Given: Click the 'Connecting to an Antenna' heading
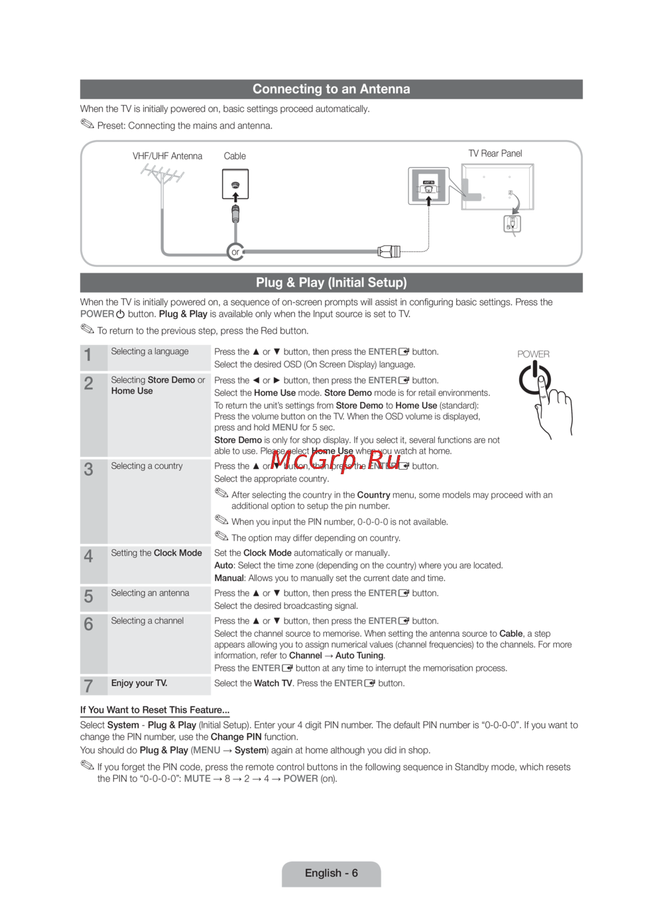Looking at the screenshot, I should tap(331, 89).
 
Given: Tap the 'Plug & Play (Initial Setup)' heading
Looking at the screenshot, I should tap(331, 283).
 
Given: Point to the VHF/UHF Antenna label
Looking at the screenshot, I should tap(167, 156).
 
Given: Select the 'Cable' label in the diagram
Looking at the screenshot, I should tap(235, 156).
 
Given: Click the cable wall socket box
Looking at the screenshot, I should tap(235, 184).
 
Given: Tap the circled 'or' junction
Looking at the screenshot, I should tap(235, 252).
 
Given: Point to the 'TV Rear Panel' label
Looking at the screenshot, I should tap(495, 153).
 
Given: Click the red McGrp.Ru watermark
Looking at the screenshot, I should tap(335, 459).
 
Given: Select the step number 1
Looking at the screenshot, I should tap(88, 356).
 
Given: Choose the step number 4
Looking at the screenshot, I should tap(88, 556).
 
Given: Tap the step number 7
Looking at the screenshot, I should tap(88, 686).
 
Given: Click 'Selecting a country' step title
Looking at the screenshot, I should tap(147, 466).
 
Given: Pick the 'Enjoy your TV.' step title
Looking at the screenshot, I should tap(139, 683).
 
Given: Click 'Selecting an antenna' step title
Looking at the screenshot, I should tap(150, 593).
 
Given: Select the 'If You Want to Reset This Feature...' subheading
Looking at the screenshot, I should tap(154, 710).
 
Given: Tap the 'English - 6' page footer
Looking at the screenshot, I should tap(331, 873).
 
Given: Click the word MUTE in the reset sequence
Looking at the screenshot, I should tap(197, 779).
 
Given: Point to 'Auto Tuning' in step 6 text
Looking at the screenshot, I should tap(359, 655).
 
